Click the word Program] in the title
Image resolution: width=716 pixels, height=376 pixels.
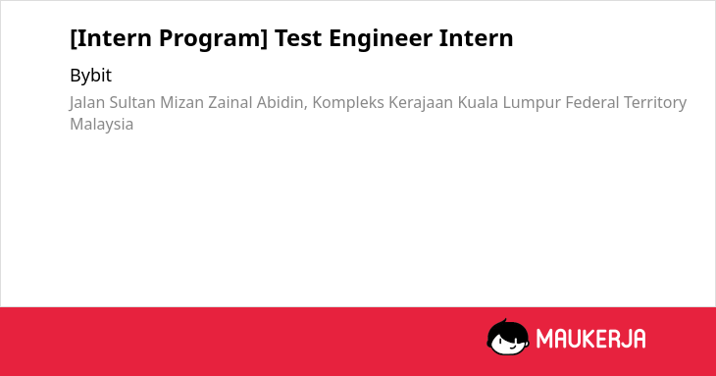[213, 38]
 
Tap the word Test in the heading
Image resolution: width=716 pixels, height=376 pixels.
[297, 37]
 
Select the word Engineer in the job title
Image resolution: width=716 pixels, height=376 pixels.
[381, 39]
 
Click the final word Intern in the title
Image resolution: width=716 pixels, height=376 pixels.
[477, 37]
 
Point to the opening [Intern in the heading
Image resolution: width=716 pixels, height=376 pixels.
[111, 38]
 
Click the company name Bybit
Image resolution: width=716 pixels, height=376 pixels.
[90, 76]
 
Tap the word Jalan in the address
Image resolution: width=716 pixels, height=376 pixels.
[87, 103]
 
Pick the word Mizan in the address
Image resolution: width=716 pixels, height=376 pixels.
[181, 102]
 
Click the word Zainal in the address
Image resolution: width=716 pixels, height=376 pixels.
[230, 102]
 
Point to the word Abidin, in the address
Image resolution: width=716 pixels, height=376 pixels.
[282, 103]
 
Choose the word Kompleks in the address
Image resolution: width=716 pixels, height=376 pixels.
[348, 103]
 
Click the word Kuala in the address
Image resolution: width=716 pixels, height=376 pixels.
[478, 102]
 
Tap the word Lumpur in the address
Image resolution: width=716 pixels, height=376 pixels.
[532, 103]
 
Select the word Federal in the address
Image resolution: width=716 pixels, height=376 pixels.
[591, 102]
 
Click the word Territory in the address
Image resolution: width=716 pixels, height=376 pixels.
[655, 103]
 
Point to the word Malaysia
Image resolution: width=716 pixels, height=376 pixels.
[101, 125]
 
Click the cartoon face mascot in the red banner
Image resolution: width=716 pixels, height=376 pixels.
[508, 338]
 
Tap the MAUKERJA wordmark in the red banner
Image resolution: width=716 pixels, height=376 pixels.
[590, 339]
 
